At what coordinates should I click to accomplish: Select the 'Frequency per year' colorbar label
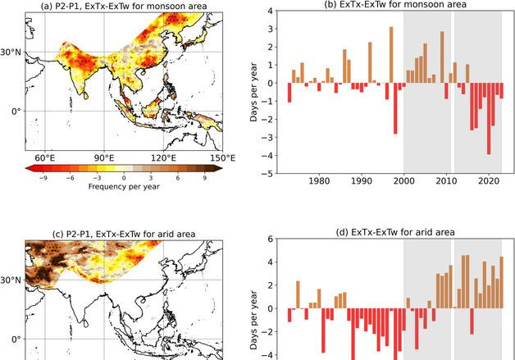click(x=124, y=187)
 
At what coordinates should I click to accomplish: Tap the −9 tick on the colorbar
click(x=43, y=177)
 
